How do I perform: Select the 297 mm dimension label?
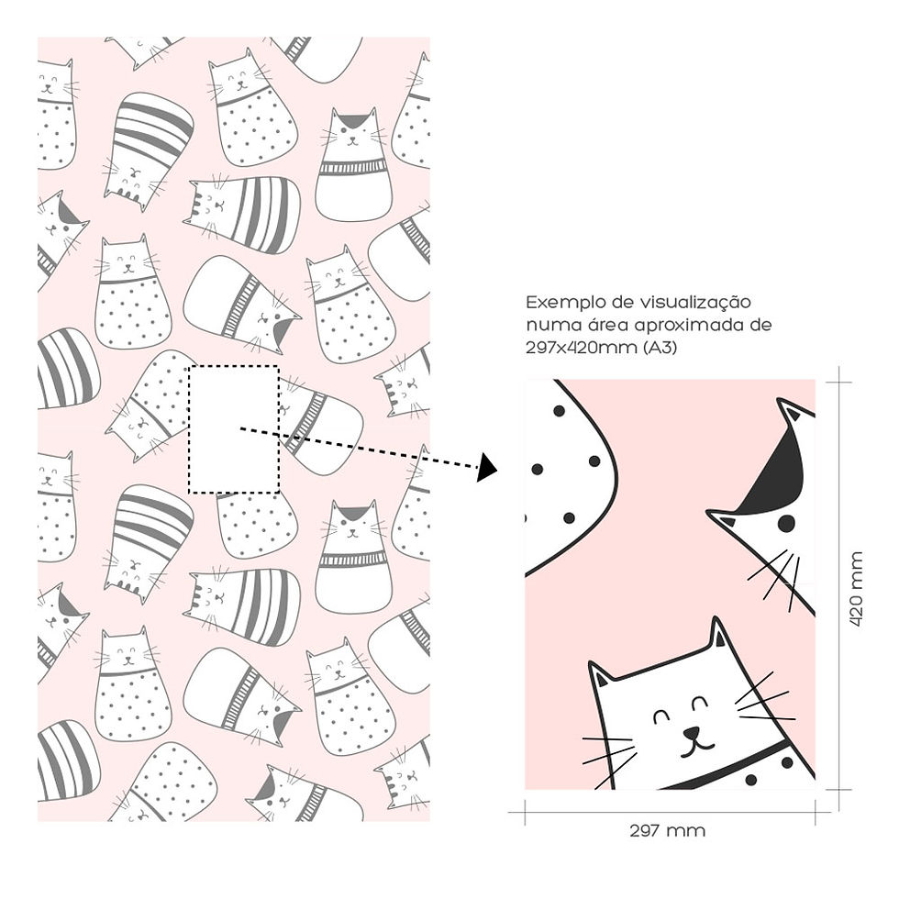(x=668, y=830)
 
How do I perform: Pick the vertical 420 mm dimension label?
(x=855, y=589)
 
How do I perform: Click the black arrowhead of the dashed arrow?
(x=487, y=467)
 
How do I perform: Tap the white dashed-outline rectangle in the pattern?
(x=234, y=429)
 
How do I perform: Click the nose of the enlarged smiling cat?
(x=692, y=733)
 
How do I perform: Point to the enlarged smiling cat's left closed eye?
(x=662, y=716)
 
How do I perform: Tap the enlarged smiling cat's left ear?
(x=601, y=675)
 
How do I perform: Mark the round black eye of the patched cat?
(x=787, y=523)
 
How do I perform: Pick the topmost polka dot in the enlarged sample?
(x=559, y=411)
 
